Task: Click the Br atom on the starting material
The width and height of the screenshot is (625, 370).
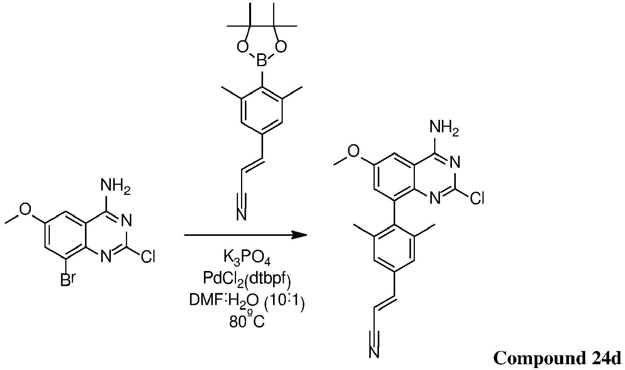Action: (x=67, y=280)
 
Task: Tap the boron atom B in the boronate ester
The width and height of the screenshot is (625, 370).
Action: (x=262, y=61)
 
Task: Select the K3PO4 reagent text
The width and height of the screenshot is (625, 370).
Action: (x=247, y=257)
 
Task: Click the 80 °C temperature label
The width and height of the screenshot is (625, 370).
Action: (x=247, y=321)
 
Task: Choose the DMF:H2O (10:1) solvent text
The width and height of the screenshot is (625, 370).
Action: (x=247, y=301)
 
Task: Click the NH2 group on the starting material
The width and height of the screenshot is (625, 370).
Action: (x=115, y=186)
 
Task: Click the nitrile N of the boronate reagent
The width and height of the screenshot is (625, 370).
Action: (x=242, y=215)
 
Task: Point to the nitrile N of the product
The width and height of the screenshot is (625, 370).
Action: (x=374, y=352)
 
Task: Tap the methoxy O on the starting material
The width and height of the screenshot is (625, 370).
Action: (x=25, y=209)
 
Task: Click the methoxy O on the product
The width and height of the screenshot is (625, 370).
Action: (x=354, y=152)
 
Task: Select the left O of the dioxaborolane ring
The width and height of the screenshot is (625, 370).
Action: (x=243, y=47)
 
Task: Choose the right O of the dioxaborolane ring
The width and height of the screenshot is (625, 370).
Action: (x=281, y=47)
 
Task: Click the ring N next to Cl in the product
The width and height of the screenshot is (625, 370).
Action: (x=435, y=198)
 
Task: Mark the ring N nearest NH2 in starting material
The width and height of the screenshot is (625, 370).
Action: (x=126, y=221)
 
